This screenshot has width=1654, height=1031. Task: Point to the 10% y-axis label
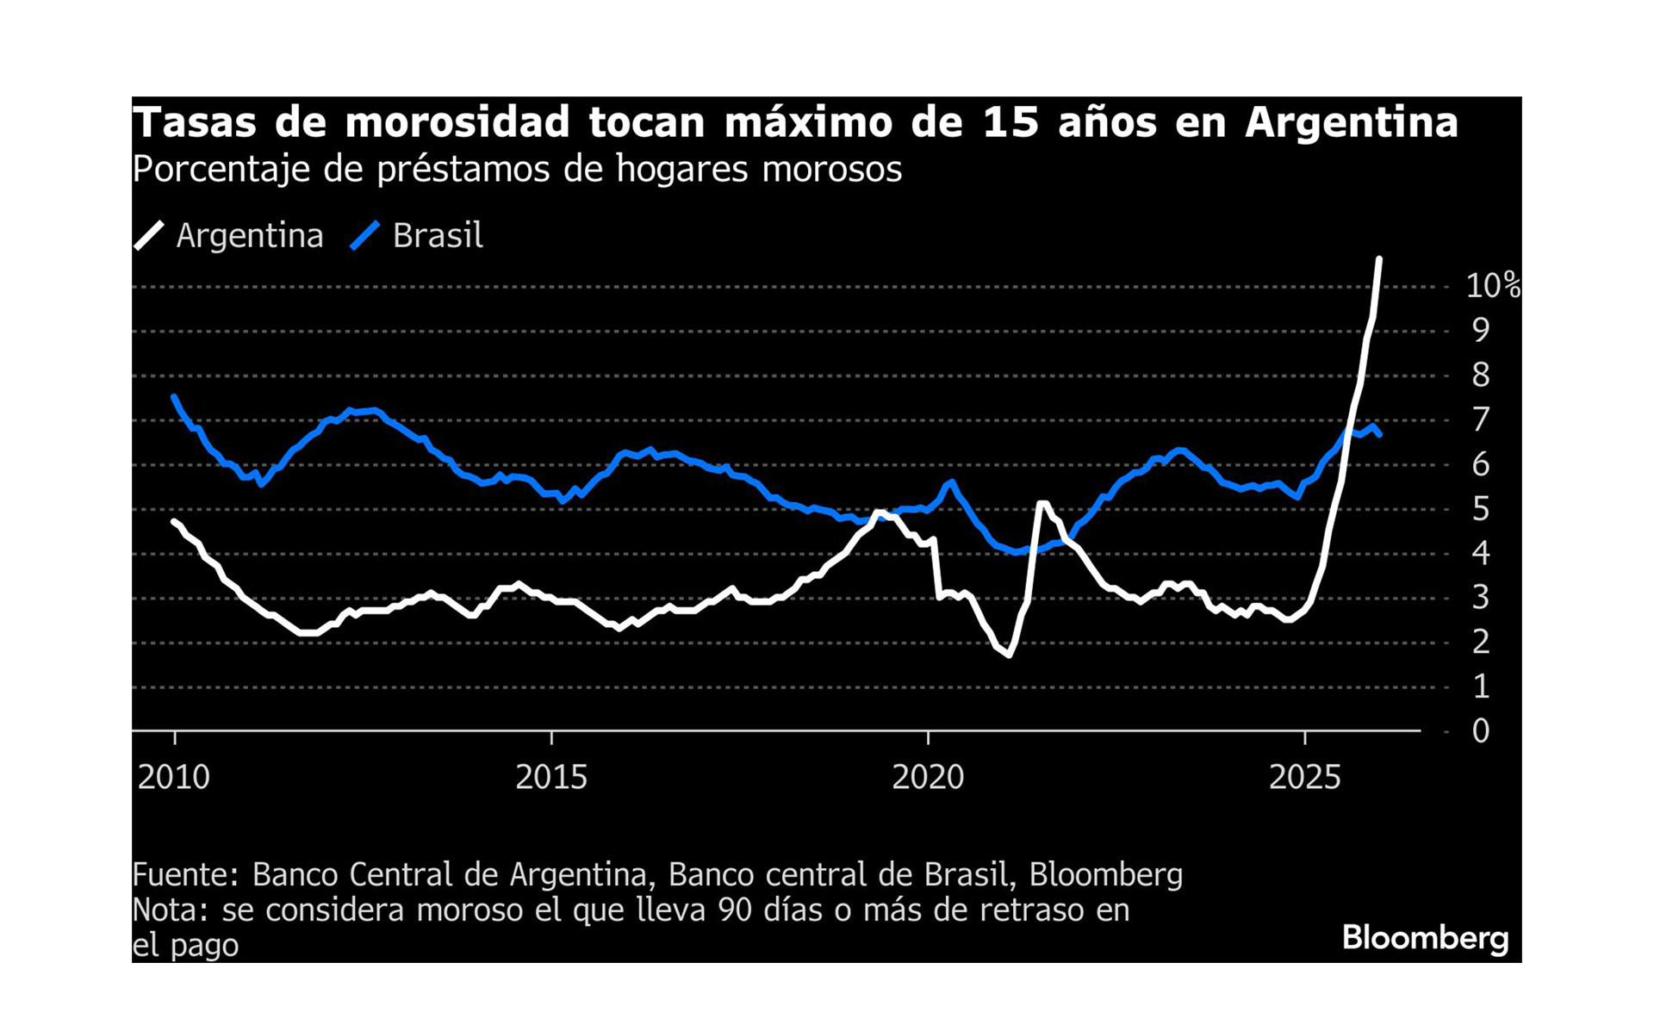1492,286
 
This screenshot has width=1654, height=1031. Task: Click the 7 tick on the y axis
1480,420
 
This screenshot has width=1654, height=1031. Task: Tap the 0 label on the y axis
1480,731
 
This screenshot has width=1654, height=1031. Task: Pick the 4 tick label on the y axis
1480,553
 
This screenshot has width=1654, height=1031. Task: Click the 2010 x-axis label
174,778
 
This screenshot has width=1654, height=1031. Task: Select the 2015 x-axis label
551,778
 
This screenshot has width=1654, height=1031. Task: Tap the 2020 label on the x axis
928,778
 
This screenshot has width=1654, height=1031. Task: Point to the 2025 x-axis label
1305,778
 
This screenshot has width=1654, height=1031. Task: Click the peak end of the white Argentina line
1379,259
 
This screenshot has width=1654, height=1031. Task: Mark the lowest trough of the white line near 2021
1009,655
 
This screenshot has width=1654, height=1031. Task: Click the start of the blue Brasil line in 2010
174,397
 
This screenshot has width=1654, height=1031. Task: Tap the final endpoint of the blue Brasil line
1379,435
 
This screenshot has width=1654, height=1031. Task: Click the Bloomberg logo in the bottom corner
1425,938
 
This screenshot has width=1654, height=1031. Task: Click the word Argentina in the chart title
1351,122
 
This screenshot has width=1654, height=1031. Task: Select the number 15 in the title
1010,122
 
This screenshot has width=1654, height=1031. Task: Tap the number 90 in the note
735,910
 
